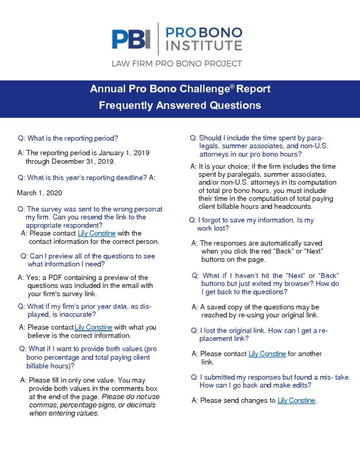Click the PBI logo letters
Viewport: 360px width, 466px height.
coord(131,39)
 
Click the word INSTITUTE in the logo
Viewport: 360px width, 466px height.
coord(203,45)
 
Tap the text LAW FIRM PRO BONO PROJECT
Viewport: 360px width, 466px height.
coord(177,63)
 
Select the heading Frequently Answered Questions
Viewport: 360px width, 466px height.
coord(180,105)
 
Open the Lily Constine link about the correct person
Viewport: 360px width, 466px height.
coord(96,233)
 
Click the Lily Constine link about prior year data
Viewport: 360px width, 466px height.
coord(93,327)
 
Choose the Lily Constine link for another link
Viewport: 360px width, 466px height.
coord(267,354)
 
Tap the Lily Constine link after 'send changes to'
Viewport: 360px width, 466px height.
coord(296,400)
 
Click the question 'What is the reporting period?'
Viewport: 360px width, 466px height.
coord(71,138)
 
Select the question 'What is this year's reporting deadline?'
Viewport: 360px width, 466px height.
coord(82,177)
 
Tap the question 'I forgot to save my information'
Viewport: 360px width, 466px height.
coord(251,220)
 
